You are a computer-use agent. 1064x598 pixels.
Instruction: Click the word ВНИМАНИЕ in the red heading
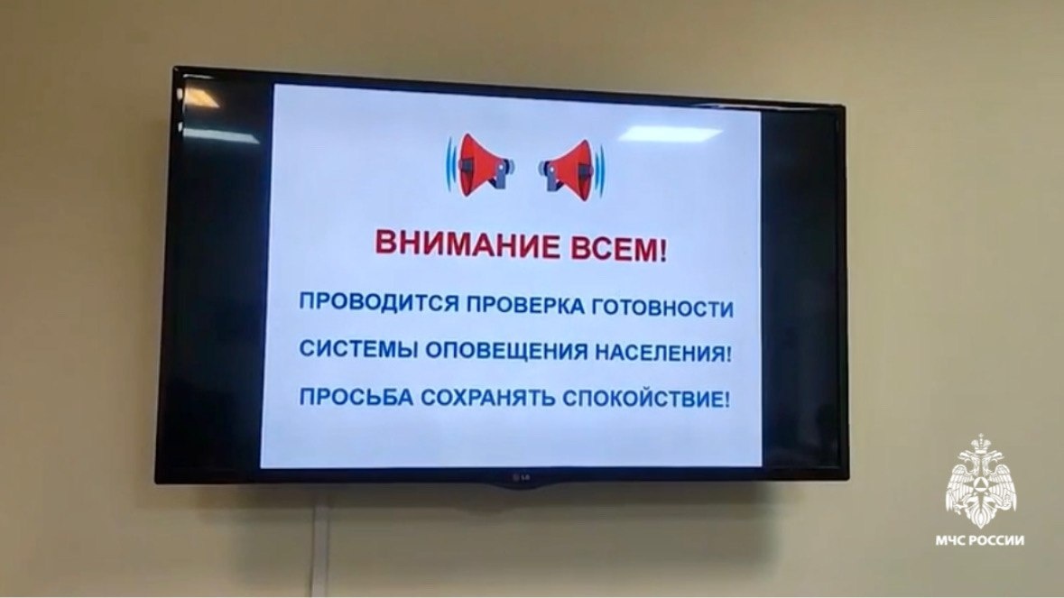pos(453,244)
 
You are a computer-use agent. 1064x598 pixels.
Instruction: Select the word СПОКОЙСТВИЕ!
pos(646,400)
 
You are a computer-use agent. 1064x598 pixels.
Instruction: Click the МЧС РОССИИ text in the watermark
pos(980,540)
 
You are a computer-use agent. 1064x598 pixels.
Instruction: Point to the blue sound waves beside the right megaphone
pos(602,166)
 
